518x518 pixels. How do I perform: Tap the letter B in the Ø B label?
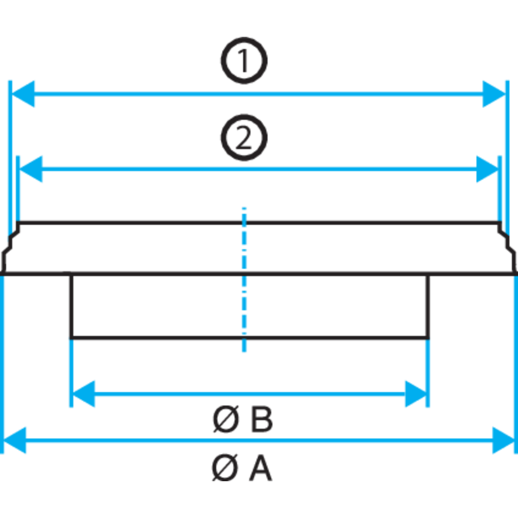[x=262, y=419]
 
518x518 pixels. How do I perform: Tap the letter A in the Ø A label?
[x=261, y=468]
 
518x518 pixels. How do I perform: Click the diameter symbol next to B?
[x=226, y=419]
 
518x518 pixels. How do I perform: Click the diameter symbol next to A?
[x=225, y=468]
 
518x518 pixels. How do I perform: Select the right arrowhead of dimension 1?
[x=494, y=94]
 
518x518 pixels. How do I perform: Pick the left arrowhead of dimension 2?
[x=31, y=169]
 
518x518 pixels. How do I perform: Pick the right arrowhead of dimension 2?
[x=487, y=169]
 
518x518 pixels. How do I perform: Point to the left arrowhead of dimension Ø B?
[x=83, y=394]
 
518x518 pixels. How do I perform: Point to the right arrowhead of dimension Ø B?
[x=416, y=394]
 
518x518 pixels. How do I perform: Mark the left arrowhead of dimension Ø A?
[x=15, y=440]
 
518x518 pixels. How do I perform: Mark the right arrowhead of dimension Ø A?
[x=503, y=440]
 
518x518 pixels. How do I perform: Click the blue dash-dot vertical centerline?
[x=244, y=280]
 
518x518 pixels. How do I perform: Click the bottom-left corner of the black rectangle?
[x=71, y=338]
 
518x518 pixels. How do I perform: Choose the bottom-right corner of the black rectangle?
[x=428, y=338]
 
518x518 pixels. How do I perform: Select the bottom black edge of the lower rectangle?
[x=250, y=338]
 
